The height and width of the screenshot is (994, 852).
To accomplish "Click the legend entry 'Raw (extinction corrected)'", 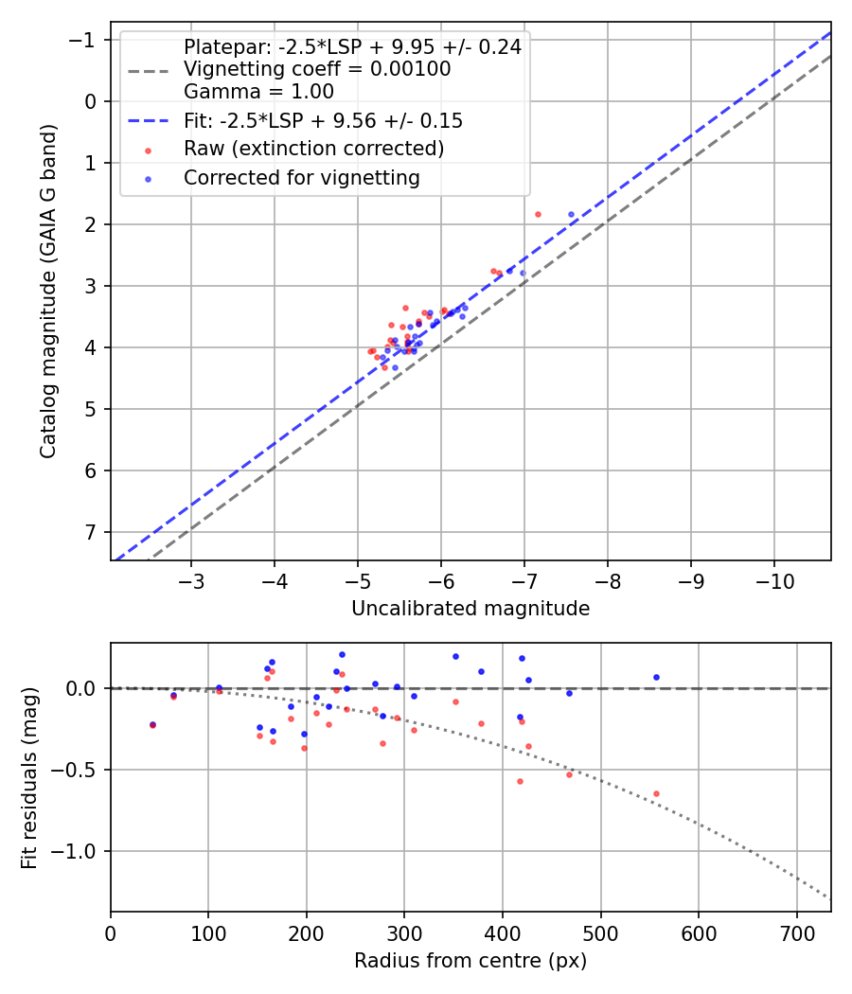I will [x=313, y=149].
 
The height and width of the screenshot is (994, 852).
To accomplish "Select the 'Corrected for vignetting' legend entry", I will [x=301, y=178].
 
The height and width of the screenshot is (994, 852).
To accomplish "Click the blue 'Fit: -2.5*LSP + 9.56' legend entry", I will [x=323, y=121].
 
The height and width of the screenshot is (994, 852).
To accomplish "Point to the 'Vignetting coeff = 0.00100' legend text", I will [x=317, y=69].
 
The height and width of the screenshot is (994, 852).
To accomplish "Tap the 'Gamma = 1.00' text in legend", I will [x=258, y=92].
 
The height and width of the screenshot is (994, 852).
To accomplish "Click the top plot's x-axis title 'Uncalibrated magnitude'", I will [x=470, y=609].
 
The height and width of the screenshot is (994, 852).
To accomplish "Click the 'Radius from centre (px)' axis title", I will [x=470, y=961].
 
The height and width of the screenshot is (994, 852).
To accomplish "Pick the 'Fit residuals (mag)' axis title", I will [x=29, y=778].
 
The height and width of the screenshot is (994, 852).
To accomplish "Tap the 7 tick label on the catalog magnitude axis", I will [x=90, y=532].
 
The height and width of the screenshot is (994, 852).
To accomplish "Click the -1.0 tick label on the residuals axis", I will [x=78, y=851].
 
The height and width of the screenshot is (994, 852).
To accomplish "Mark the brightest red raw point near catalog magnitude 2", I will [x=538, y=214].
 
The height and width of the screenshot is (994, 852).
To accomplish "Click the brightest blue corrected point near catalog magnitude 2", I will [x=571, y=215].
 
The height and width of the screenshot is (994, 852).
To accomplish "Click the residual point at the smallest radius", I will [x=152, y=725].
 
